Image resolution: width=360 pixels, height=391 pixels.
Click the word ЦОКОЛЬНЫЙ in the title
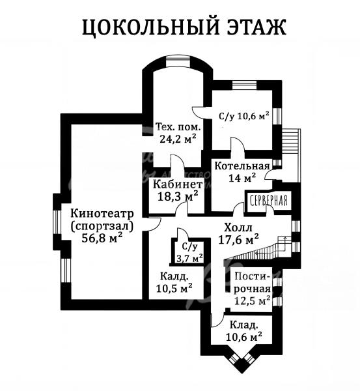150,27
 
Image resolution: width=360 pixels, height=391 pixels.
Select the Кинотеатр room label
102,214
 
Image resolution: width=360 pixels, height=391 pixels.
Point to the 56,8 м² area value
102,238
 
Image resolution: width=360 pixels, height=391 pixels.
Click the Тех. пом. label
178,127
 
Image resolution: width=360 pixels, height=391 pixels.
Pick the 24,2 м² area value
178,139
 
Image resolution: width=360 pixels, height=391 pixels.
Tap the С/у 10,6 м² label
244,116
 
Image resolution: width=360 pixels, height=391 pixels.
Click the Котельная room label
242,166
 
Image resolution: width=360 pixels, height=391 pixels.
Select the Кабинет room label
178,185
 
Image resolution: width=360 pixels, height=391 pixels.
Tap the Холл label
238,227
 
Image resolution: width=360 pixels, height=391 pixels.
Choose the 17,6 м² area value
238,239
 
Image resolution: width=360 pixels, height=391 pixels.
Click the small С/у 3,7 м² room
189,252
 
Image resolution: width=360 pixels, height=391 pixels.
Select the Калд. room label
174,276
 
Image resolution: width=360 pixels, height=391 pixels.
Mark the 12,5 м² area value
253,300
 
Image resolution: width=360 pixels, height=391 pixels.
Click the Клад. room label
243,325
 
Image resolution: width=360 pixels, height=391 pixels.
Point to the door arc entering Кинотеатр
155,224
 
